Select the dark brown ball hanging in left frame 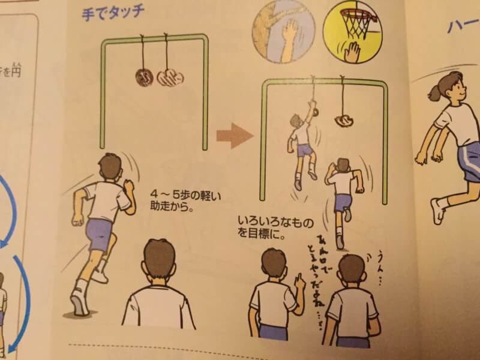[x=144, y=77]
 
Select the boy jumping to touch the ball [x=302, y=144]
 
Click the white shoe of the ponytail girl [x=437, y=211]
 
